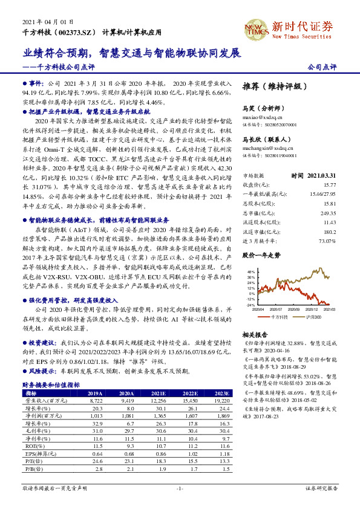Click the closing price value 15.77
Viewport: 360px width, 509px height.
pyautogui.click(x=329, y=185)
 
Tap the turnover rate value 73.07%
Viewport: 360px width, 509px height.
pyautogui.click(x=327, y=240)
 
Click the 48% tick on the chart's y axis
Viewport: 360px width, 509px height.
pyautogui.click(x=250, y=273)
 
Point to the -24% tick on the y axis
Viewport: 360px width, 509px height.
pyautogui.click(x=250, y=305)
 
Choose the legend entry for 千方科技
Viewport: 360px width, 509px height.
pyautogui.click(x=279, y=316)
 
